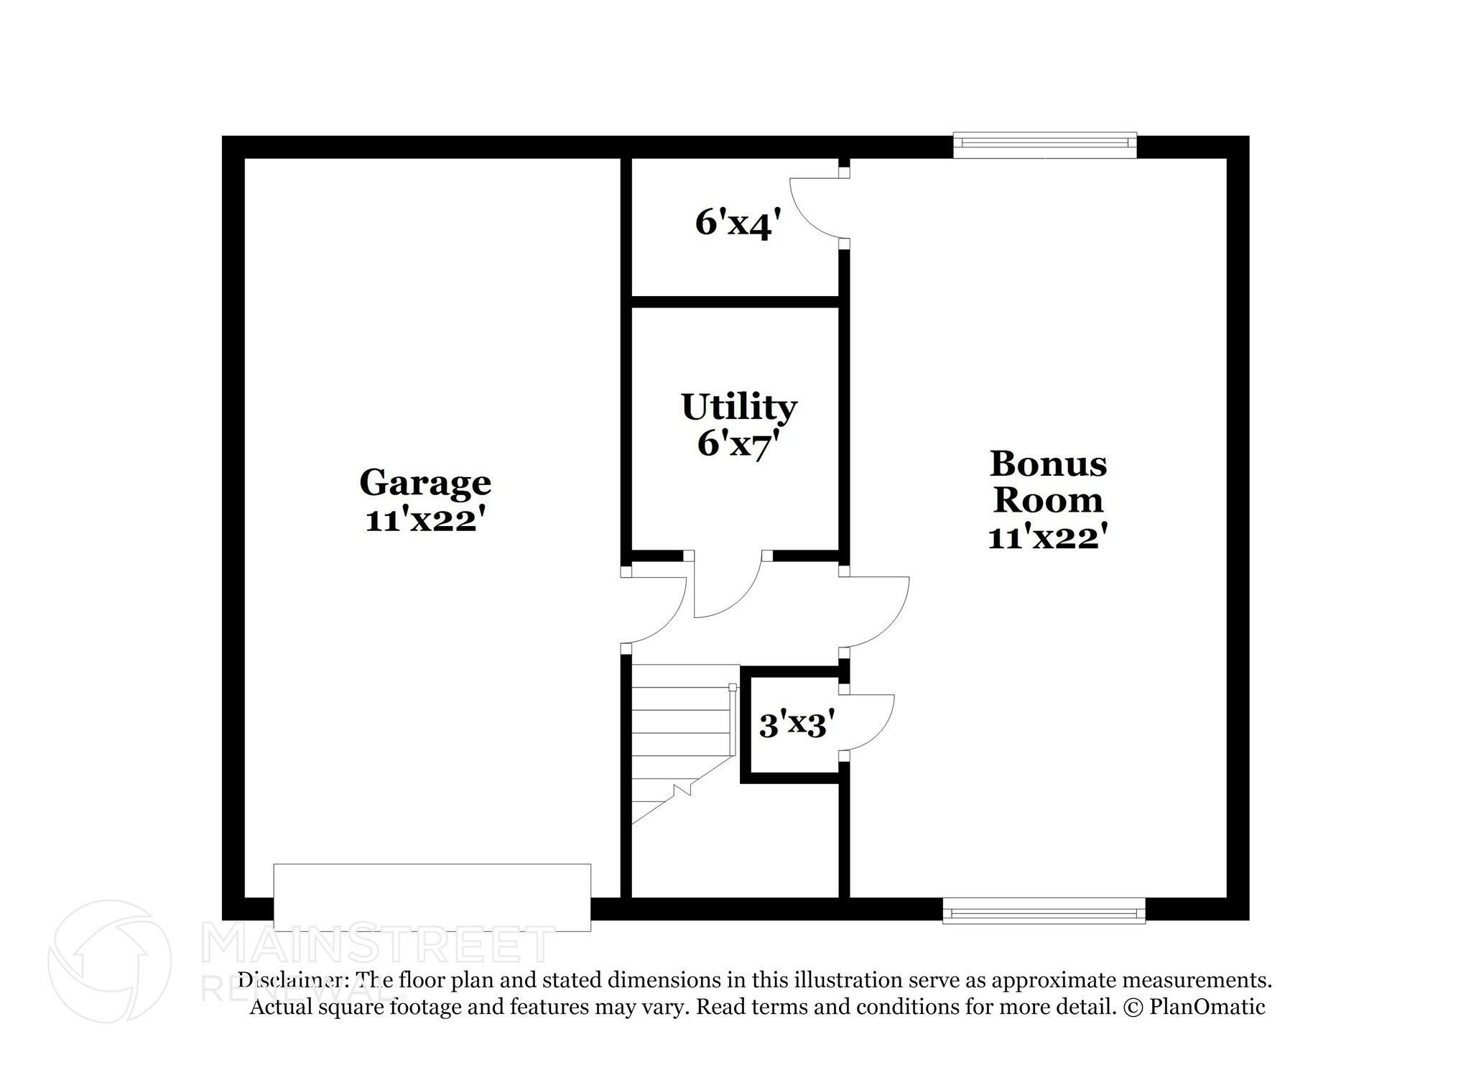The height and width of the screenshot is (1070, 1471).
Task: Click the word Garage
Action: (424, 482)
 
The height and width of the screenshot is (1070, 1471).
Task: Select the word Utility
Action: (738, 407)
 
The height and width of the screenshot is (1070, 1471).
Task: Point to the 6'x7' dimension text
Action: (738, 445)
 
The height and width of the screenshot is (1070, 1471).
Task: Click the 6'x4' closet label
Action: (737, 223)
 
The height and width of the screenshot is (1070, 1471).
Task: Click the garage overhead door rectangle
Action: (432, 897)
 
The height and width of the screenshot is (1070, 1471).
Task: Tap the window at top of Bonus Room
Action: (1044, 144)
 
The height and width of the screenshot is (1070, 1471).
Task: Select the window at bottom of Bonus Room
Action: (1044, 911)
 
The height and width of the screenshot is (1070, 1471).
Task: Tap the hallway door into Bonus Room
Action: (876, 612)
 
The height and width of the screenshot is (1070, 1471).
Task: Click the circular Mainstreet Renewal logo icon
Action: (109, 961)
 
